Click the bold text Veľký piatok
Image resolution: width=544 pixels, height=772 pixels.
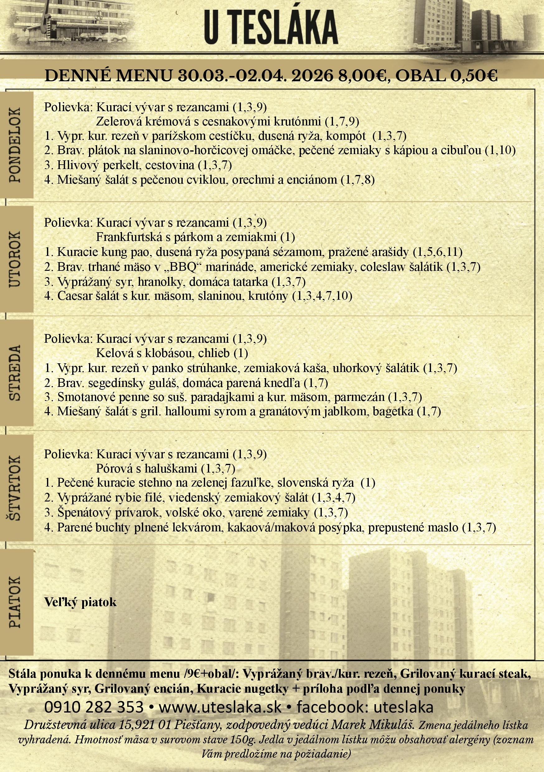click(x=80, y=602)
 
